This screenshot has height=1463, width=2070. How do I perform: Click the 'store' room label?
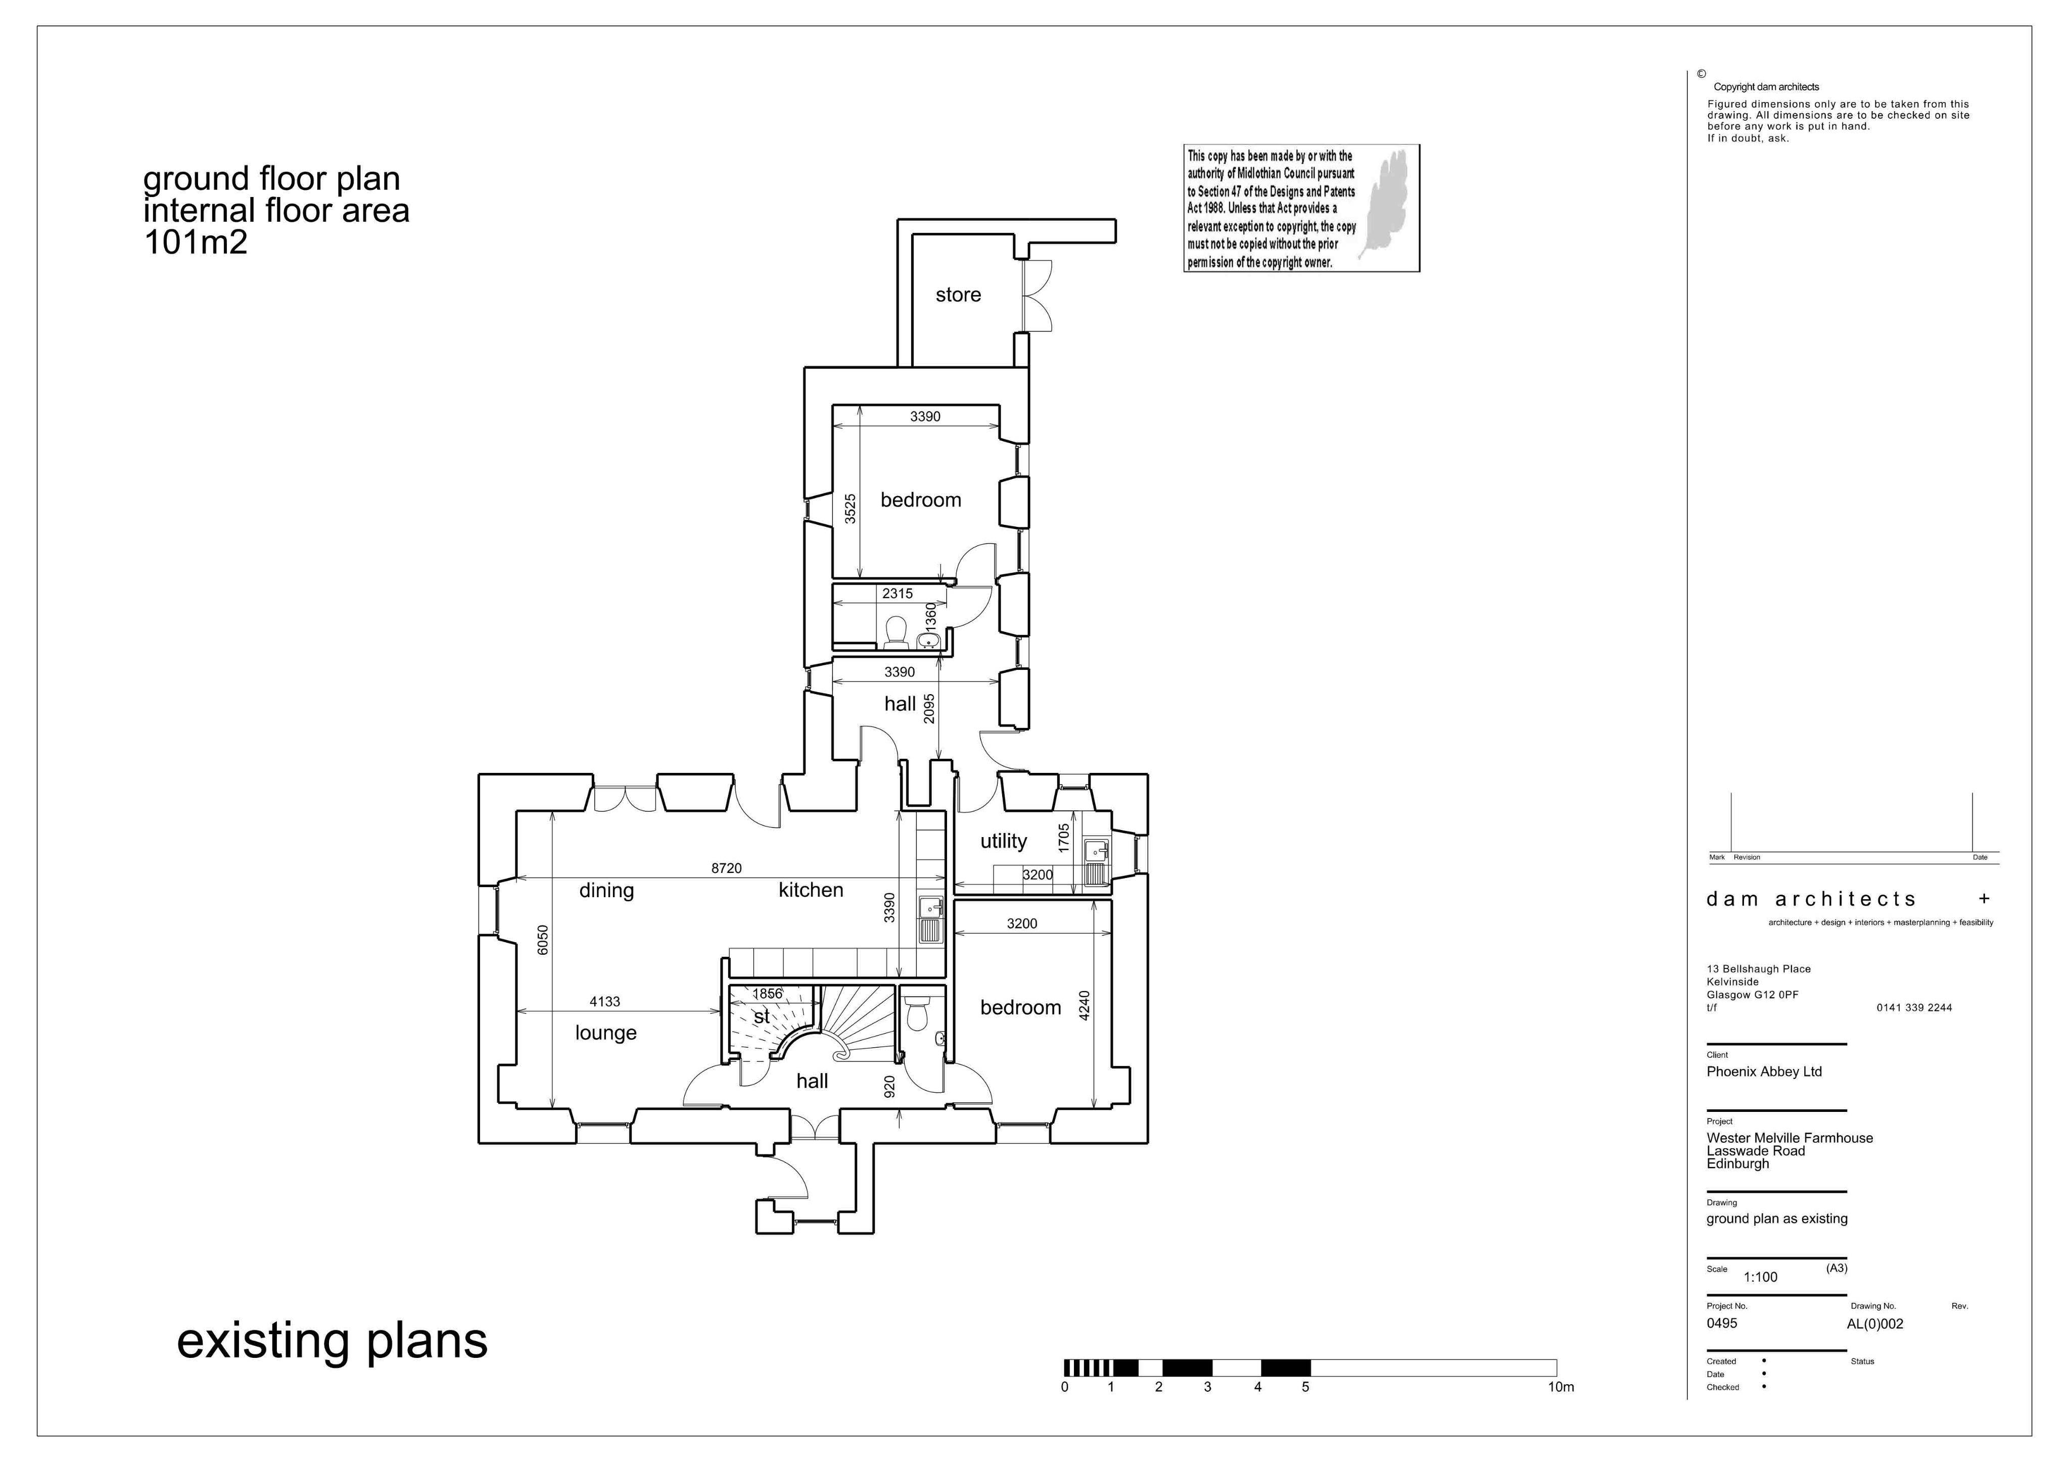point(958,295)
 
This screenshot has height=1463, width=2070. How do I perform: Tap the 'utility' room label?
point(1004,841)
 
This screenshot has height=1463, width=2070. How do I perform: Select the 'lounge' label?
point(606,1033)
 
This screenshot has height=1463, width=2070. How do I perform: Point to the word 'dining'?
point(606,891)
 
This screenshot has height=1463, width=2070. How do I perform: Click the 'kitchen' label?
point(811,890)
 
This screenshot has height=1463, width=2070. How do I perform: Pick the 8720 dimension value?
point(727,868)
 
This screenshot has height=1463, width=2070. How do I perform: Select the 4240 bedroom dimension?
point(1085,1006)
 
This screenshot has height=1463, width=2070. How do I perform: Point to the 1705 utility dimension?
point(1064,838)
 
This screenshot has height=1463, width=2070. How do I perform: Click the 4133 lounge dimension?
point(605,1001)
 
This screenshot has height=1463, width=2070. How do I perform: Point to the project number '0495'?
point(1721,1323)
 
